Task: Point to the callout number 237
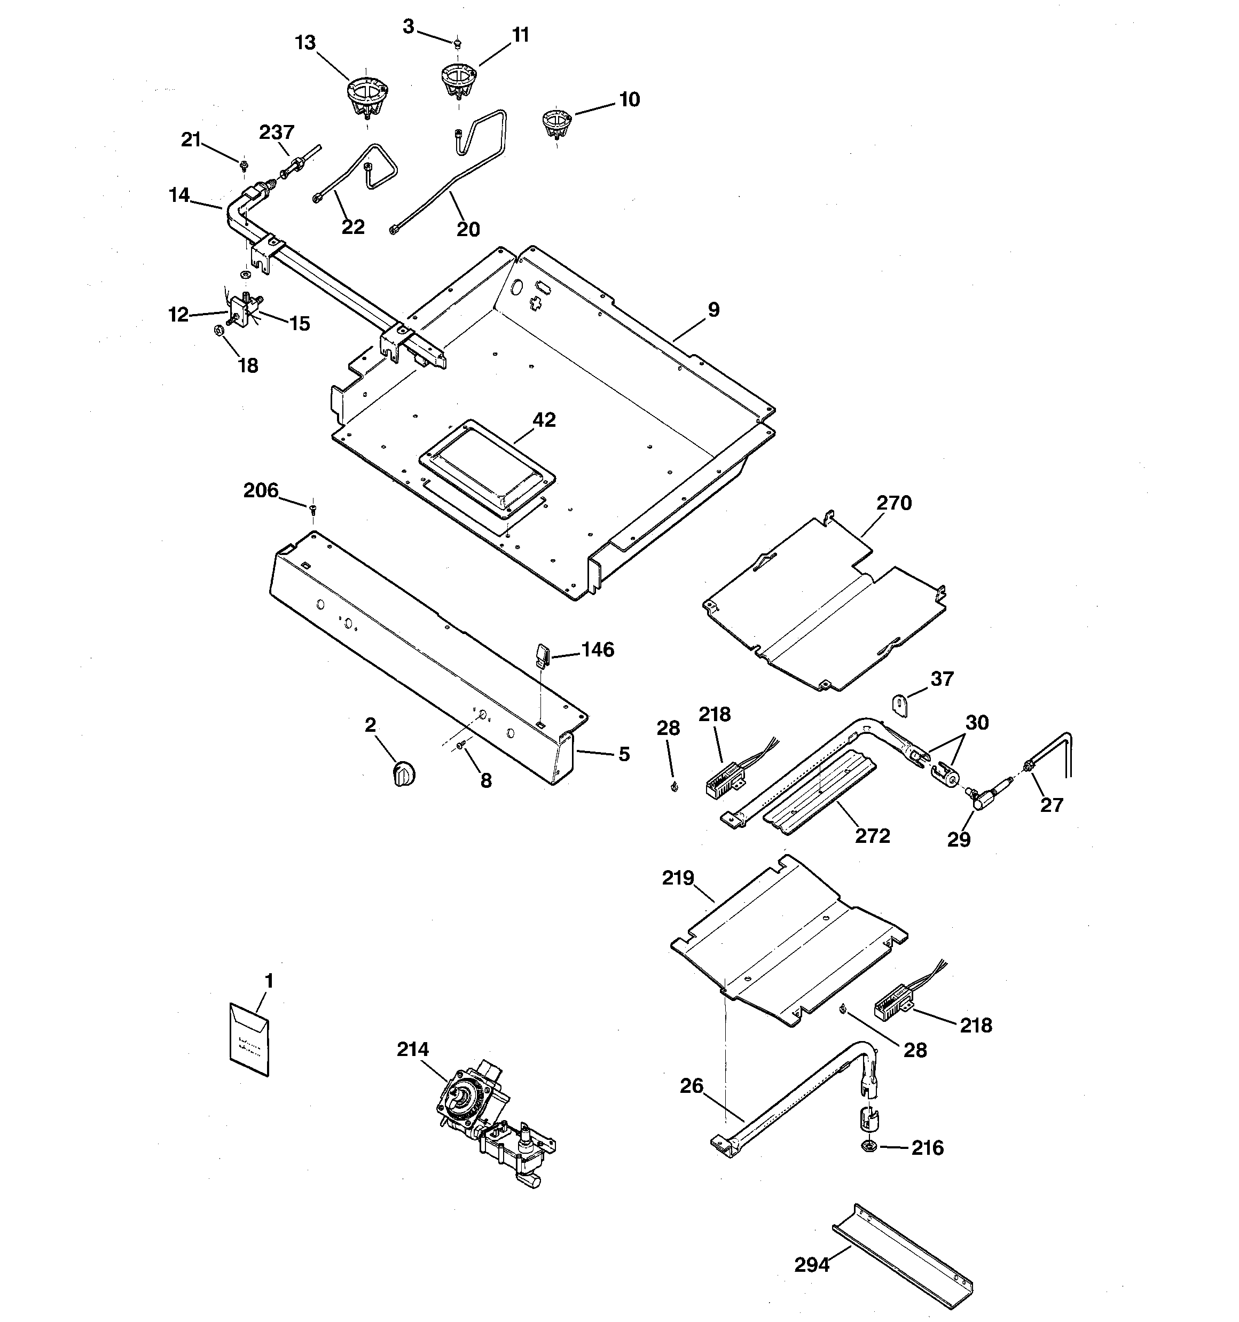click(277, 132)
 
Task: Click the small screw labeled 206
click(312, 510)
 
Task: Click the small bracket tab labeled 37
click(900, 705)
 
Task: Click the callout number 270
click(893, 503)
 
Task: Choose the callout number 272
click(872, 835)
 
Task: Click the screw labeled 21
click(244, 163)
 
